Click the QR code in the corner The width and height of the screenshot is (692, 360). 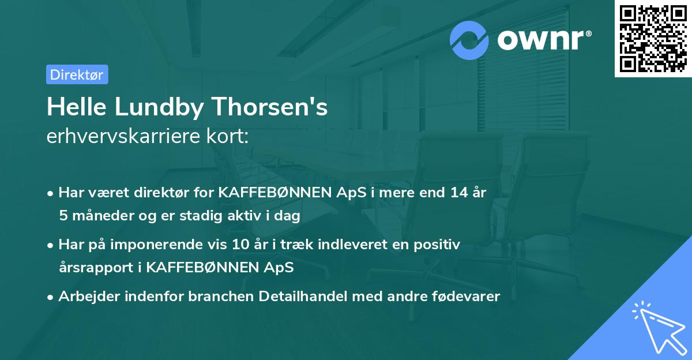coord(653,39)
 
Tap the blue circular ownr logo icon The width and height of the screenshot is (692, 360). coord(469,40)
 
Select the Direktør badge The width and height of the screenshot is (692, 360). coord(77,74)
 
